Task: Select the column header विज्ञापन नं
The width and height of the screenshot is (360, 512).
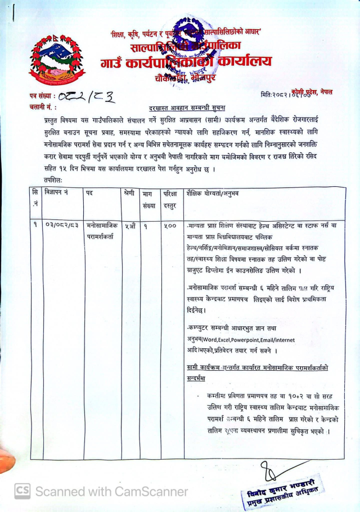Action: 57,193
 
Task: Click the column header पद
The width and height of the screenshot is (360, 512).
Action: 89,193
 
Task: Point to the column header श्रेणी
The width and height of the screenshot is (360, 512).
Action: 130,193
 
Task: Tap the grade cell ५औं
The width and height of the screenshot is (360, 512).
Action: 130,226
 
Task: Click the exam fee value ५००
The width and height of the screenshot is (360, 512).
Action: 170,226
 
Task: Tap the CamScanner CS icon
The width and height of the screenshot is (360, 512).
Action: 22,491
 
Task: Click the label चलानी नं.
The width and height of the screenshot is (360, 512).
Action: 42,106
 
